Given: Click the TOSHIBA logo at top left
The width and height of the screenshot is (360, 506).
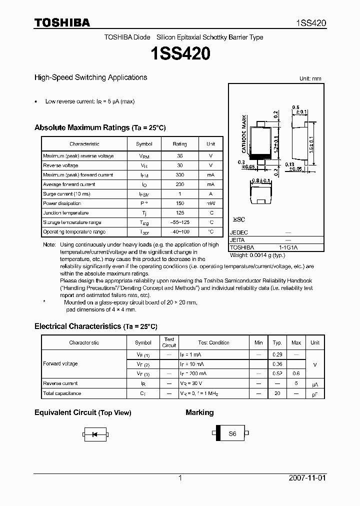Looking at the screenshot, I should [x=62, y=22].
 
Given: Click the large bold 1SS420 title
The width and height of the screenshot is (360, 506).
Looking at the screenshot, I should [x=179, y=53].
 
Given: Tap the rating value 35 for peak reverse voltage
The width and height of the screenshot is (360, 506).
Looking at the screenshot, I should [x=179, y=156].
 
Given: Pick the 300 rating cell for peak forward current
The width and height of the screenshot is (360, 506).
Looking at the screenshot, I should [x=179, y=175].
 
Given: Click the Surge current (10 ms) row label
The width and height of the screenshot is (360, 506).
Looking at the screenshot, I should [x=66, y=194].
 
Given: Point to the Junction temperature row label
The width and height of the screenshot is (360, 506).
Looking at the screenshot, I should [x=65, y=213].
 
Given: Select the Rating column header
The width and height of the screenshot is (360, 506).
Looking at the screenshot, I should [x=179, y=144].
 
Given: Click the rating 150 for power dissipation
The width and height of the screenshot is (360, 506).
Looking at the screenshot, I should [x=179, y=203].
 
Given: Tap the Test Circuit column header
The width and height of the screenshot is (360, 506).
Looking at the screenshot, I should [x=169, y=342].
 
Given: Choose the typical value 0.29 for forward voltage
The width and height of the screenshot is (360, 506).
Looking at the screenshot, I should [x=277, y=354].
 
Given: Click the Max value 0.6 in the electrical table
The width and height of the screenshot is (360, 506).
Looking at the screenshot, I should [x=296, y=373].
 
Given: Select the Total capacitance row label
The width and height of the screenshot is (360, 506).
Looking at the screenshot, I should [x=62, y=393].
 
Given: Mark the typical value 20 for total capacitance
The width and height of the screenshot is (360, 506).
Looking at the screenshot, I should [x=277, y=393].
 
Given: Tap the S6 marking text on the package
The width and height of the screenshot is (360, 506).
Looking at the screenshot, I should [x=232, y=434].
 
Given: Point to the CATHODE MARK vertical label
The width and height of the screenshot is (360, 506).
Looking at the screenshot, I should [x=244, y=133].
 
